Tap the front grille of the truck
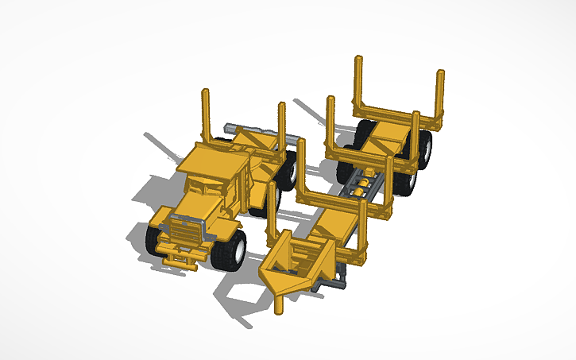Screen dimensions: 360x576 pos(185,233)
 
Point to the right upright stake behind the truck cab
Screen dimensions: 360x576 pos(281,127)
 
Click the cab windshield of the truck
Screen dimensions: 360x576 pos(200,184)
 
